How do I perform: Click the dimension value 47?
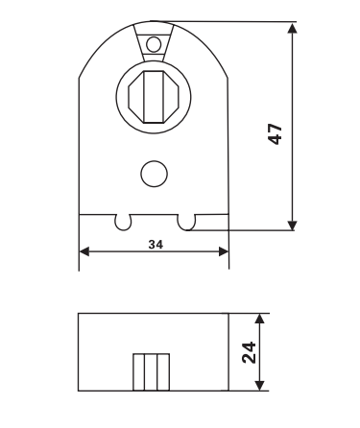click(x=276, y=134)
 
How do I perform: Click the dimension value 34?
click(x=156, y=245)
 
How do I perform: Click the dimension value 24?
click(x=250, y=352)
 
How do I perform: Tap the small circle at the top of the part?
click(x=154, y=44)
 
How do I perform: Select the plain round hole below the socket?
click(x=154, y=174)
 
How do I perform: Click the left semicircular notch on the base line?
click(x=123, y=223)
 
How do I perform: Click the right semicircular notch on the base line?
click(x=186, y=223)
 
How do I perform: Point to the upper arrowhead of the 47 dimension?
click(x=292, y=28)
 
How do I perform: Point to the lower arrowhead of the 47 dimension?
click(x=292, y=226)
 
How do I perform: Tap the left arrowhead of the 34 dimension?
click(x=84, y=251)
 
